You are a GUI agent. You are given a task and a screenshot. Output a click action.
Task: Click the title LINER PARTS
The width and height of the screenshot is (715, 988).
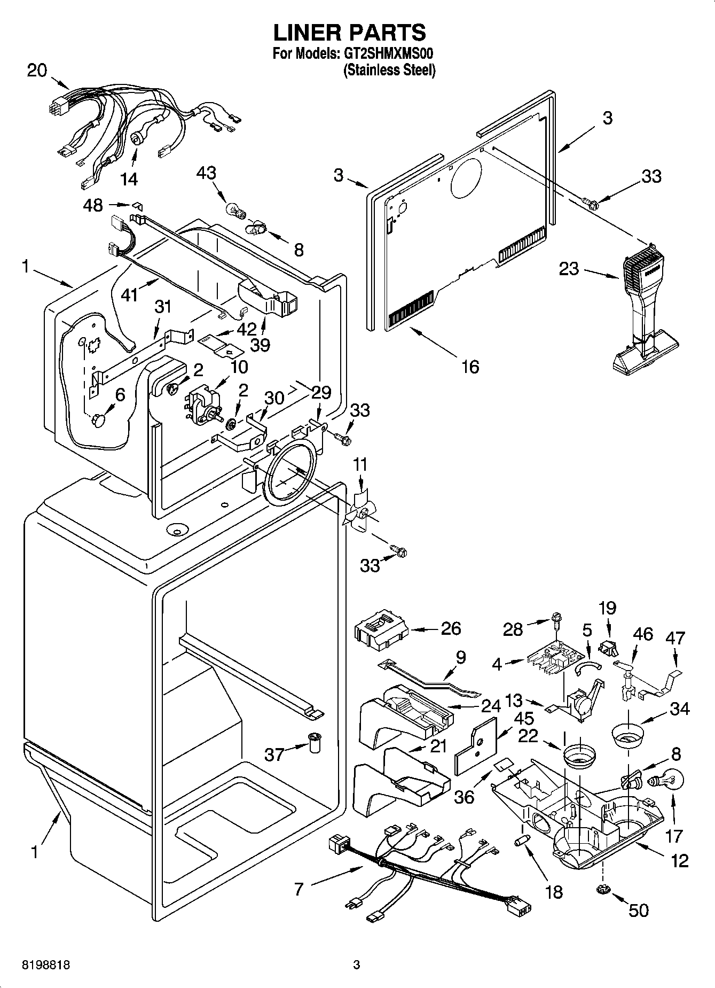click(x=350, y=33)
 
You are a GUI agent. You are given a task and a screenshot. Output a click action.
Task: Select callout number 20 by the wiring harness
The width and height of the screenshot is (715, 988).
click(x=37, y=71)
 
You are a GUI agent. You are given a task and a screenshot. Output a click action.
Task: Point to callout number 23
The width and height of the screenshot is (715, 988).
click(x=569, y=268)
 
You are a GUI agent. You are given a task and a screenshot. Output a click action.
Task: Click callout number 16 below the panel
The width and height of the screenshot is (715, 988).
click(x=470, y=367)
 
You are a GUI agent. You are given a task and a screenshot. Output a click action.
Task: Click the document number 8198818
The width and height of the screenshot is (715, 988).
click(x=46, y=964)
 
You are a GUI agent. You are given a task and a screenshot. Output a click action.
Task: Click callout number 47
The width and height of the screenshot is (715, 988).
click(x=675, y=638)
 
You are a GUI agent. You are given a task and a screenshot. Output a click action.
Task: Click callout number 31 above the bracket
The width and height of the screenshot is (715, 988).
click(x=163, y=307)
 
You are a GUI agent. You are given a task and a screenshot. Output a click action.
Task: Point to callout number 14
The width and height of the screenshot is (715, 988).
click(x=129, y=179)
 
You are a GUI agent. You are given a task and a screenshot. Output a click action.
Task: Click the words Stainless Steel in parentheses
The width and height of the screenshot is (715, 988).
click(x=389, y=69)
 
